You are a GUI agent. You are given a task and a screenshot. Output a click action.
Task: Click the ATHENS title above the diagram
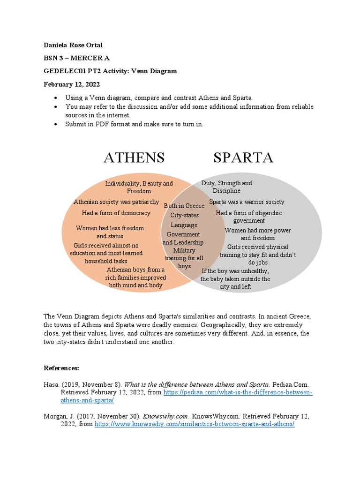[134, 157]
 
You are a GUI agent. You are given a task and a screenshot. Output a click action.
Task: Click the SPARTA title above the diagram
[243, 157]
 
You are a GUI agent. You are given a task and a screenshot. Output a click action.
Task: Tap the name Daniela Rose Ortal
[73, 45]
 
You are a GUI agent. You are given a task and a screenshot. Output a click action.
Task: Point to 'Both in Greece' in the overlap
[184, 206]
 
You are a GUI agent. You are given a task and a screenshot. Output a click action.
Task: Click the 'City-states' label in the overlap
[184, 215]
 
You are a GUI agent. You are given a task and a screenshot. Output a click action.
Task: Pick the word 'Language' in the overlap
[184, 225]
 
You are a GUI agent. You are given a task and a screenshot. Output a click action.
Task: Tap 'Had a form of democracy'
[116, 213]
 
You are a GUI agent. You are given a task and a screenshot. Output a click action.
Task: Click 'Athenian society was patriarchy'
[116, 202]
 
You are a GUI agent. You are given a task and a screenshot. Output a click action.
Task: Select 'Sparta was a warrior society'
[247, 202]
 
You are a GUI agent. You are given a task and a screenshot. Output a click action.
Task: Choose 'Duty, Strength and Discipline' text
[226, 187]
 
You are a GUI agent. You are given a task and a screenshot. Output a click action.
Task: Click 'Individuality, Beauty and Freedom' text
[139, 187]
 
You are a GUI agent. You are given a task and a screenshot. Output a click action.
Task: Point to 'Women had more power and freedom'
[258, 234]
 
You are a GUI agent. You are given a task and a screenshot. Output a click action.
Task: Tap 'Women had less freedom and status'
[110, 232]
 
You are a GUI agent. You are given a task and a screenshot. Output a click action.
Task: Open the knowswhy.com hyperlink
[195, 424]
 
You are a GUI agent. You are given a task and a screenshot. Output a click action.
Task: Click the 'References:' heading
[61, 368]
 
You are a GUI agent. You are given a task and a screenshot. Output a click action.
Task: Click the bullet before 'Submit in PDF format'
[56, 124]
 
